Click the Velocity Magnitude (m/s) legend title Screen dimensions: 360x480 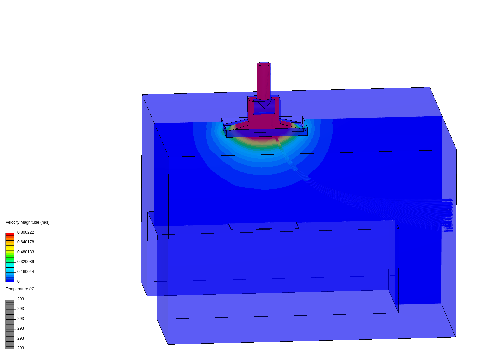(27, 222)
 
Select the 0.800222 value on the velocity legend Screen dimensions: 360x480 (26, 232)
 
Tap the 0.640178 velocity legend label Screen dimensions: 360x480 (26, 242)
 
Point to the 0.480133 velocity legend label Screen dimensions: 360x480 (26, 252)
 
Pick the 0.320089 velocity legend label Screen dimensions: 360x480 (26, 262)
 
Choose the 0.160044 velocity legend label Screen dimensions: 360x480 (26, 272)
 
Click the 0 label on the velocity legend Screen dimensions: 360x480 (18, 281)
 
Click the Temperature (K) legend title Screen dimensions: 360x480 (20, 289)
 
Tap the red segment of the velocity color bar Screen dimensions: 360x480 (10, 235)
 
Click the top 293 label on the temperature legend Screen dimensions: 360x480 (21, 299)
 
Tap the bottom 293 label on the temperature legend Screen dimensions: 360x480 (21, 348)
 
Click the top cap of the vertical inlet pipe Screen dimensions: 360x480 (264, 64)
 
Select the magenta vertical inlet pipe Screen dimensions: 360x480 (264, 82)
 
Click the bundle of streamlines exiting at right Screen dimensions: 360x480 (443, 213)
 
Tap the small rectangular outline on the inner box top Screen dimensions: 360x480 (264, 226)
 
